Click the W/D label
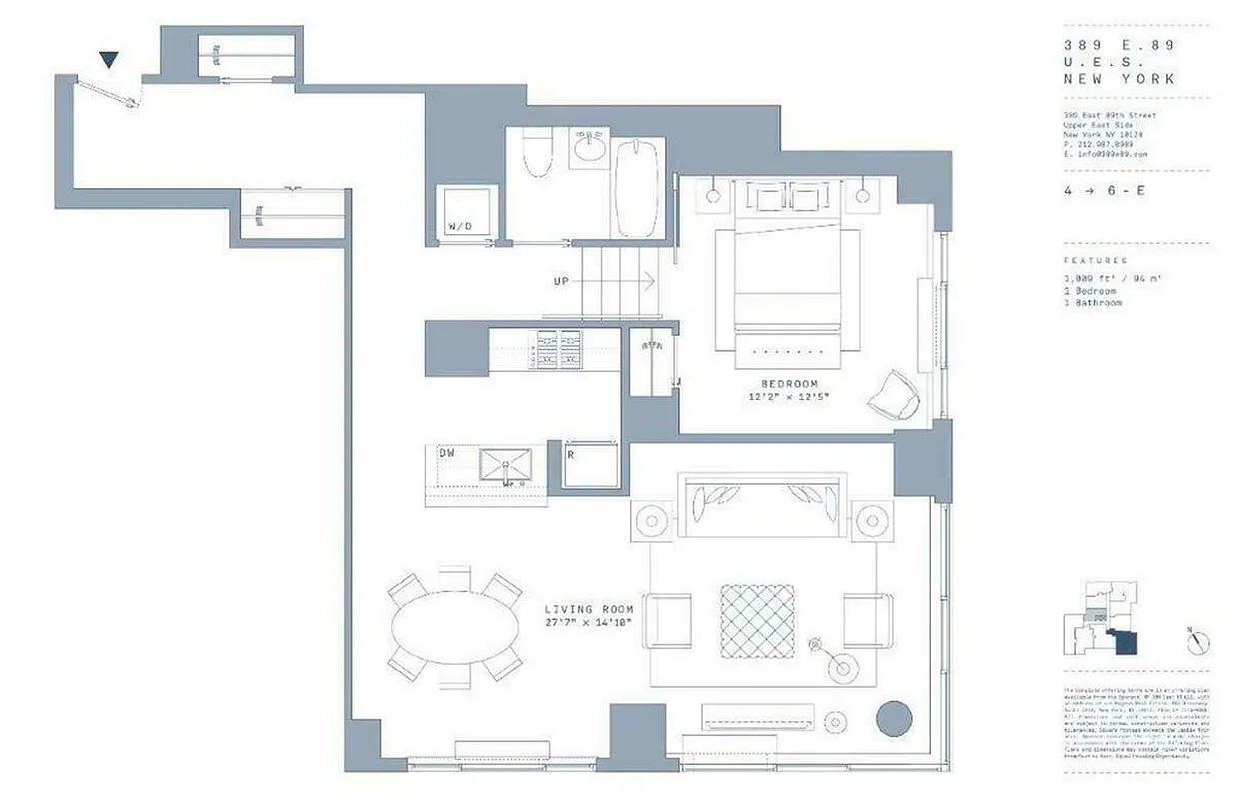(x=460, y=227)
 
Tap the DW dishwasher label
(x=447, y=453)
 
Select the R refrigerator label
(x=570, y=453)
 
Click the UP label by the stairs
(x=562, y=282)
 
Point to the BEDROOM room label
(x=789, y=384)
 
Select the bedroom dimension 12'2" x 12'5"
(x=789, y=398)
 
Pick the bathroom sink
(x=590, y=150)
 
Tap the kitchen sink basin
(x=506, y=466)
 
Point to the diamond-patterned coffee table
(x=758, y=621)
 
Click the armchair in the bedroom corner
(x=892, y=396)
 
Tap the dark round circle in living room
(x=893, y=719)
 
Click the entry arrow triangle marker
(x=109, y=61)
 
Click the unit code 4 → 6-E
(x=1104, y=190)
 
